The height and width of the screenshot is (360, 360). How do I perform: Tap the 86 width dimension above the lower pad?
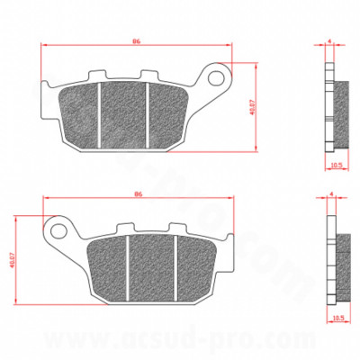(x=137, y=193)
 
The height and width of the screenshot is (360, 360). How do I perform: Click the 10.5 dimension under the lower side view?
(x=337, y=317)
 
